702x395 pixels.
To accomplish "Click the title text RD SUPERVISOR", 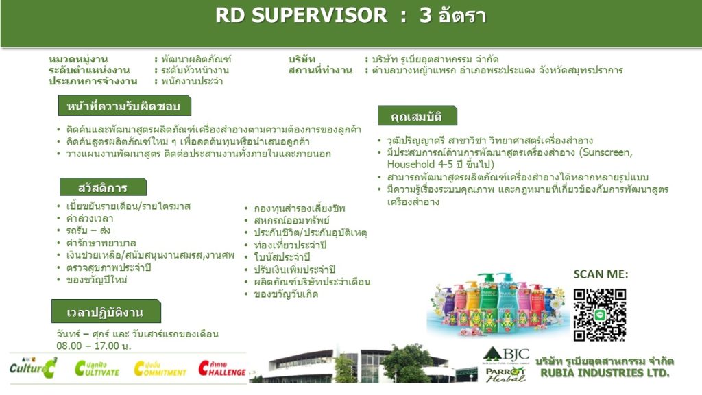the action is coord(301,15).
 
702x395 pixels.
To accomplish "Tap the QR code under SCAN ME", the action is coord(599,315).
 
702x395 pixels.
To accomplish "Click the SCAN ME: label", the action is coord(601,274).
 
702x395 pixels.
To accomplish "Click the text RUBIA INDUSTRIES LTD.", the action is coord(605,373).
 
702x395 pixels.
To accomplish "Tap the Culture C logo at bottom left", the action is coord(33,368).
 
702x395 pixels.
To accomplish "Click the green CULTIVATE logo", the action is coord(97,368).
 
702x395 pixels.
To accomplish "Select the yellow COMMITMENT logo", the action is coord(160,368).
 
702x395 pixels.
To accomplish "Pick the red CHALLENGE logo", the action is coord(223,368).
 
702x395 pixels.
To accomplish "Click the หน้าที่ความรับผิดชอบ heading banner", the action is coord(125,106).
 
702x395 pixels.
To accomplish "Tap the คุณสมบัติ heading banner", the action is coord(417,116).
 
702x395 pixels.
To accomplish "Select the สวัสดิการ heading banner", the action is coord(103,187).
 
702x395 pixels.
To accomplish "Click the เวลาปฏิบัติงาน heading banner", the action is coord(106,311).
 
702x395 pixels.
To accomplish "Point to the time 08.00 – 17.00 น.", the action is coord(93,346).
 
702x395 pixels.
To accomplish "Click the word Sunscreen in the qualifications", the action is coord(607,152).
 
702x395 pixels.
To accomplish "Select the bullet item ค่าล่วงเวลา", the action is coord(90,219).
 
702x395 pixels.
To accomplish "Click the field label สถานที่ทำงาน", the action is coord(321,71).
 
